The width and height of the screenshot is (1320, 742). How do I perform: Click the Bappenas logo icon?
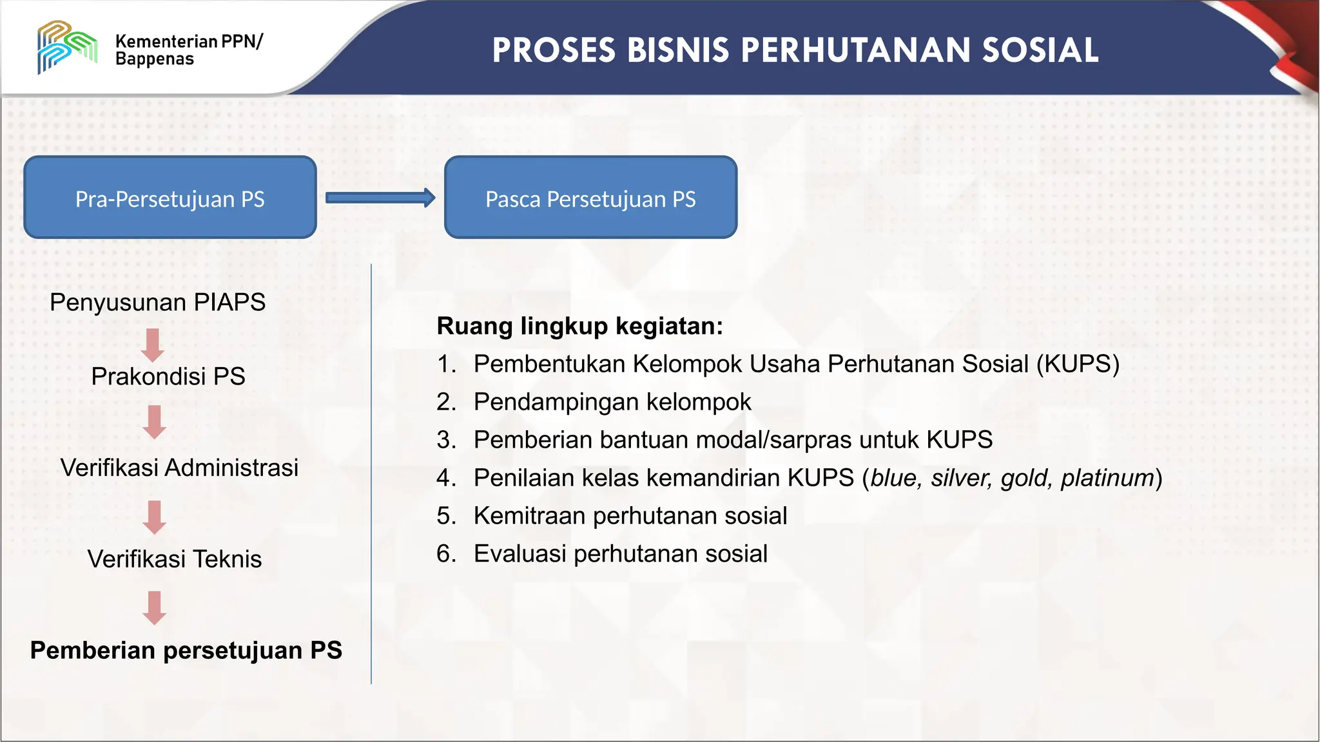click(67, 46)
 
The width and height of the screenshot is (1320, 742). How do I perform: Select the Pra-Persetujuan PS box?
click(170, 198)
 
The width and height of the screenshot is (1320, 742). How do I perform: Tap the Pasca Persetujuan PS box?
click(590, 198)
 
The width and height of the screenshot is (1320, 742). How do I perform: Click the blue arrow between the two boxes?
click(380, 198)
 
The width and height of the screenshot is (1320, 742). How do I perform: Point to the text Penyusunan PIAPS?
click(157, 302)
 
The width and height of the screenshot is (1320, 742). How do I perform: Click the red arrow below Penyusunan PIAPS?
click(153, 345)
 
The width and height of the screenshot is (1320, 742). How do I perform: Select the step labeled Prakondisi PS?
click(168, 376)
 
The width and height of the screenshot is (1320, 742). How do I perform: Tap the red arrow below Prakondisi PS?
click(154, 422)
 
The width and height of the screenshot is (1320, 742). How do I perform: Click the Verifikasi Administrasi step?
click(179, 468)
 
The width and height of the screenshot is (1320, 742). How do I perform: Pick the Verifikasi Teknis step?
click(175, 559)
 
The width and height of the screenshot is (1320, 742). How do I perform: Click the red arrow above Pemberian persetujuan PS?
click(154, 607)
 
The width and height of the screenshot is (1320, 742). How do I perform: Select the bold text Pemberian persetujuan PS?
click(186, 651)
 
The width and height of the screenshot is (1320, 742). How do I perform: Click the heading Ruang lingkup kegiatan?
click(579, 326)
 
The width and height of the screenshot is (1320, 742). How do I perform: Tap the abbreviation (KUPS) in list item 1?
click(1078, 364)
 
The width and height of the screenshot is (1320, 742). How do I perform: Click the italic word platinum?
click(1107, 478)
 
